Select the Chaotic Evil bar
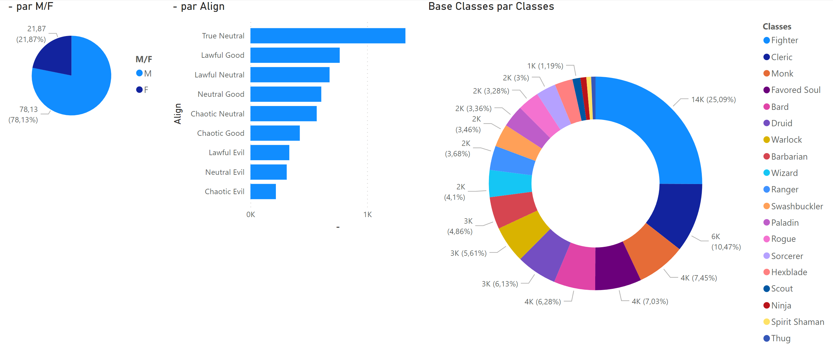pyautogui.click(x=263, y=191)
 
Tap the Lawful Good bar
pyautogui.click(x=295, y=55)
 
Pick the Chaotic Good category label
pyautogui.click(x=221, y=133)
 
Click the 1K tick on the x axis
pyautogui.click(x=367, y=214)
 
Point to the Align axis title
pyautogui.click(x=178, y=113)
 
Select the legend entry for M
pyautogui.click(x=144, y=74)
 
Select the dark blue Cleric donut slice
pyautogui.click(x=676, y=213)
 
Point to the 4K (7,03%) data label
pyautogui.click(x=650, y=301)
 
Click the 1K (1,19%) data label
pyautogui.click(x=545, y=66)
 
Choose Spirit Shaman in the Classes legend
pyautogui.click(x=797, y=322)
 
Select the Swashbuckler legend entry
pyautogui.click(x=797, y=206)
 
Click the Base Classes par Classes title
pyautogui.click(x=491, y=7)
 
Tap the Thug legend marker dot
pyautogui.click(x=766, y=338)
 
